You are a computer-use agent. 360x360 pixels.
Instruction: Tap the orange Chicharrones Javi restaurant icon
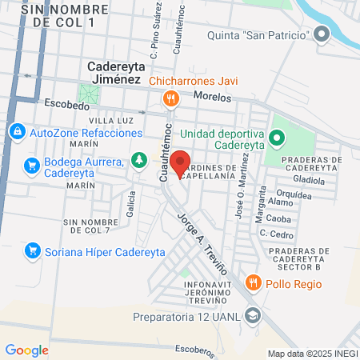tap(170, 99)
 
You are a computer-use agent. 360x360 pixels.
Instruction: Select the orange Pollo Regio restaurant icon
tap(253, 282)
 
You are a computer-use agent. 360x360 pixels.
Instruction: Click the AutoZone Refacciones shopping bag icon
tap(17, 130)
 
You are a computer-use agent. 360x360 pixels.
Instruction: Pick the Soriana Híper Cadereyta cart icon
tap(33, 250)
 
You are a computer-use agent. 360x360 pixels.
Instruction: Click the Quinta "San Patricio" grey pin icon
tap(322, 34)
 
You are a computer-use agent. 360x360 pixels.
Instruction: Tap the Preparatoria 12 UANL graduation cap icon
tap(254, 314)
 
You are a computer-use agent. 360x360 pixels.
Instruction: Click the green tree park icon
tap(139, 160)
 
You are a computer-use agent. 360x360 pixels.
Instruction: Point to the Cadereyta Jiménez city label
tap(114, 74)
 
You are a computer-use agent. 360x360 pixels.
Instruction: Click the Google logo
tap(26, 350)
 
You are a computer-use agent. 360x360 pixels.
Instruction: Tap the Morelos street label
tap(212, 97)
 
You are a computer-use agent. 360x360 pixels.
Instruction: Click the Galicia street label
tap(130, 209)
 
